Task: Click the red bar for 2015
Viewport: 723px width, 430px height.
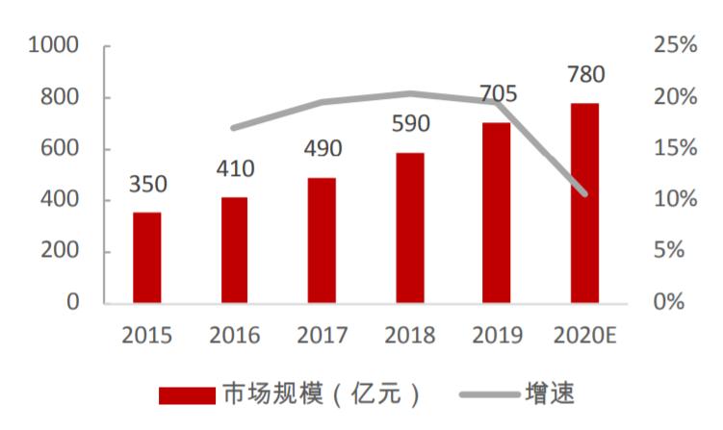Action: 147,257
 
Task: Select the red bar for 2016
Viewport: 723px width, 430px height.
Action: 234,249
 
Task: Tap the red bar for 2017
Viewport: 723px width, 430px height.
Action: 322,240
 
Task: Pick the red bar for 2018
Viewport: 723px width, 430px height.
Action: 409,227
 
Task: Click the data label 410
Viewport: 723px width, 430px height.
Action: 234,170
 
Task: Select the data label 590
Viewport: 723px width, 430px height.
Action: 409,125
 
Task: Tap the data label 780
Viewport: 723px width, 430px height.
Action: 584,75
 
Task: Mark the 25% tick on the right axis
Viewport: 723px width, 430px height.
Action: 673,46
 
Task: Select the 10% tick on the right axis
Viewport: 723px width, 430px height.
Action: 673,200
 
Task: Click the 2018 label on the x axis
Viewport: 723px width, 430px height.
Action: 409,336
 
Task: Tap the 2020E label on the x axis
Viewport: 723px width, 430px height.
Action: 584,336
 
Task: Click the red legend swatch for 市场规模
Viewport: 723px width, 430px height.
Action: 187,394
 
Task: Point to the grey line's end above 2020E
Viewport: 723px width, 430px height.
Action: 584,193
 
